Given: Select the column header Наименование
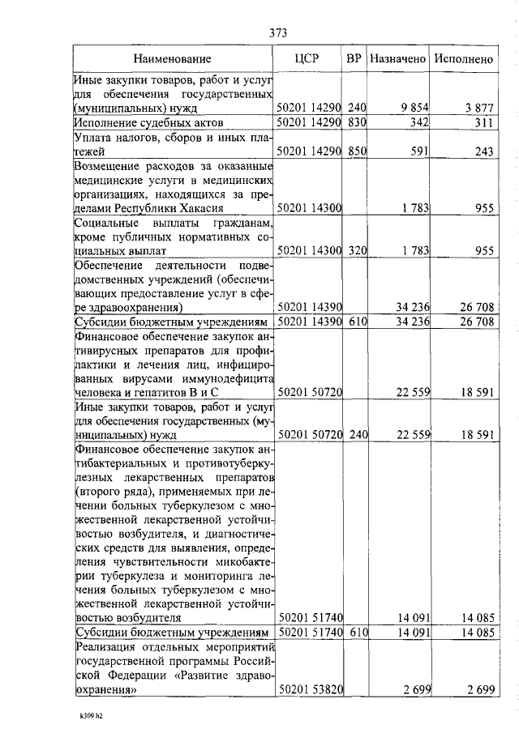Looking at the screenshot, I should [x=172, y=59].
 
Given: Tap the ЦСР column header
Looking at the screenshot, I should [x=310, y=59].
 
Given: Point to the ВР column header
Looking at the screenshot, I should [x=354, y=59].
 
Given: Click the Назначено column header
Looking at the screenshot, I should [x=397, y=59].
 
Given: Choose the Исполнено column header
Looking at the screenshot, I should [x=464, y=59].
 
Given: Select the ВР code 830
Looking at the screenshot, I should [x=358, y=122].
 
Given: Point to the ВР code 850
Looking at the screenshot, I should [x=358, y=151].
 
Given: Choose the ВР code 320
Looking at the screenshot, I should [x=358, y=251].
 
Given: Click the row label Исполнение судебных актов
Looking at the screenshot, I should [x=148, y=122].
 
